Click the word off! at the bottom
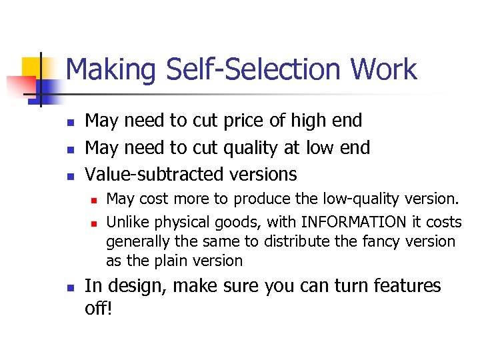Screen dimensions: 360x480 click(99, 310)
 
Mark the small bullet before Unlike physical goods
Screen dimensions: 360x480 click(93, 223)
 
